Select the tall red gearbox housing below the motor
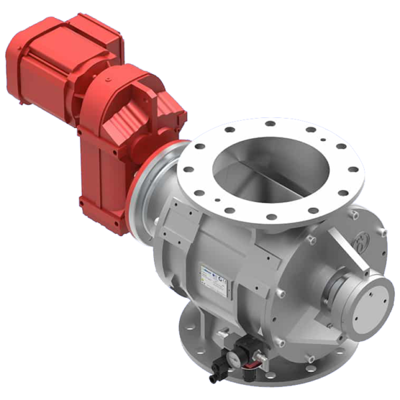(100, 167)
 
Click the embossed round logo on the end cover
(364, 240)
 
